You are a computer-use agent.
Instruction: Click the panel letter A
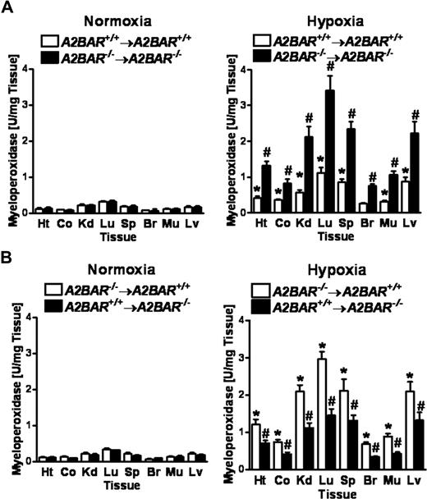[9, 8]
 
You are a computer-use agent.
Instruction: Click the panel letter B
[9, 262]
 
